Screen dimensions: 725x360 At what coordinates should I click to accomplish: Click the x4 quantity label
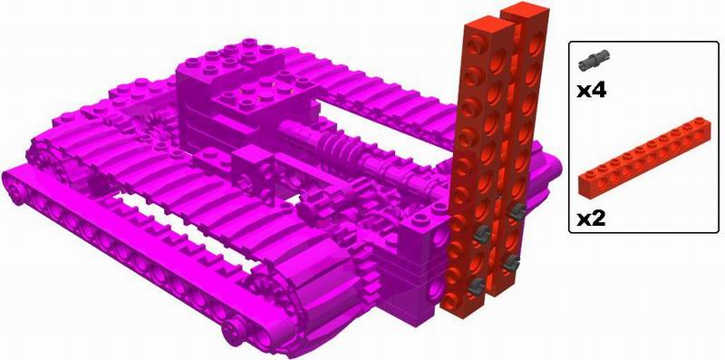pyautogui.click(x=592, y=89)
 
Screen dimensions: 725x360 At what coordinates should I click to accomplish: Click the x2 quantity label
pyautogui.click(x=592, y=219)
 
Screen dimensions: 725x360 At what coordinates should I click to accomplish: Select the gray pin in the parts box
pyautogui.click(x=594, y=61)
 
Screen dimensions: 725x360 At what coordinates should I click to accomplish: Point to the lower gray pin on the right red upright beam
pyautogui.click(x=511, y=263)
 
